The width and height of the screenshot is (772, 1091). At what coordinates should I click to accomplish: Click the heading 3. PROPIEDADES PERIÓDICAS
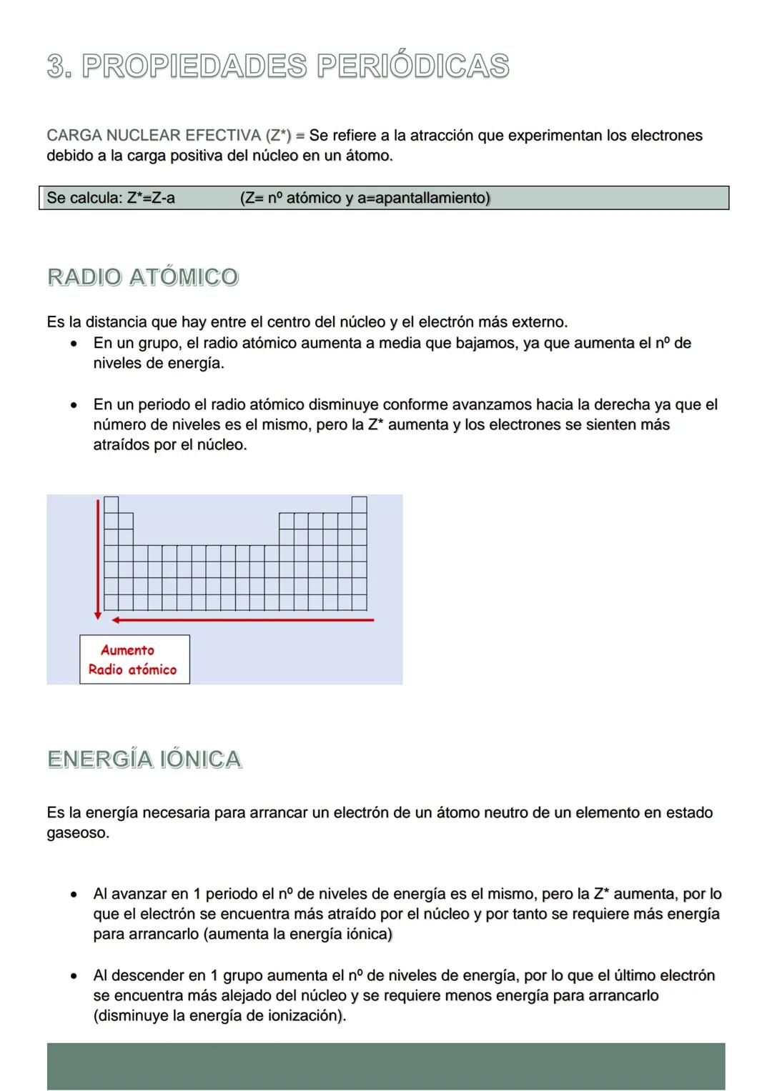tap(277, 66)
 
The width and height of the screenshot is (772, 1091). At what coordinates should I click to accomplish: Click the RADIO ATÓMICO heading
tap(142, 277)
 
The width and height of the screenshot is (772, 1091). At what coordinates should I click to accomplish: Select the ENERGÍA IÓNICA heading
tap(144, 759)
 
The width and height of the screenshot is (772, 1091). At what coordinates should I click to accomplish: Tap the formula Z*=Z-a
tap(151, 198)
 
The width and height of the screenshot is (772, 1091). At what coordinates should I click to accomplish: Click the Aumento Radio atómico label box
tap(134, 659)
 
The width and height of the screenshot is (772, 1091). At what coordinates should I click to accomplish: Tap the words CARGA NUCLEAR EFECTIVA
tap(154, 136)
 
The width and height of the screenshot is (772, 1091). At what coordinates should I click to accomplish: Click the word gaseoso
tap(77, 833)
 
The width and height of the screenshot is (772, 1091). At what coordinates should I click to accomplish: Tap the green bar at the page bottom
tap(386, 1066)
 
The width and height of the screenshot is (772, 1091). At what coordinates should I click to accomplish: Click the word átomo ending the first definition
tap(368, 156)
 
